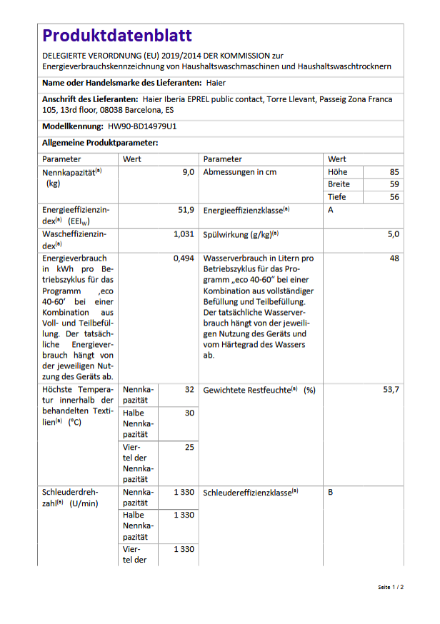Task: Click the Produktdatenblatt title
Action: [x=116, y=36]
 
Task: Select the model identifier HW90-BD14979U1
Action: [x=143, y=127]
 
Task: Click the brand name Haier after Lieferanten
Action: [x=215, y=84]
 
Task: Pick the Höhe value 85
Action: [x=394, y=173]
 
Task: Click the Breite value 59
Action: [x=394, y=185]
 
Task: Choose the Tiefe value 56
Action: [x=394, y=197]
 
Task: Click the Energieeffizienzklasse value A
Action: [x=331, y=211]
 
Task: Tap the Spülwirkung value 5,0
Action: [x=393, y=234]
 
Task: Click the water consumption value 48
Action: [x=394, y=258]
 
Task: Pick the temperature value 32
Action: [x=189, y=390]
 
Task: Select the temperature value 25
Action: [x=189, y=448]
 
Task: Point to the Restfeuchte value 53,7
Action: [x=391, y=390]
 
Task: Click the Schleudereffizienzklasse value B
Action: [x=331, y=493]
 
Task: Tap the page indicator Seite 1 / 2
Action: [x=391, y=587]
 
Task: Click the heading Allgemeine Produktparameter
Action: [x=100, y=143]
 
